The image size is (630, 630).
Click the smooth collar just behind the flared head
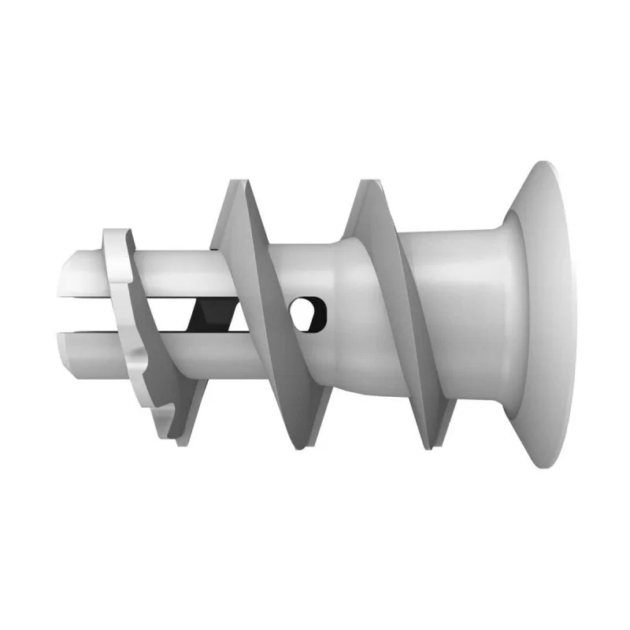coord(465,315)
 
